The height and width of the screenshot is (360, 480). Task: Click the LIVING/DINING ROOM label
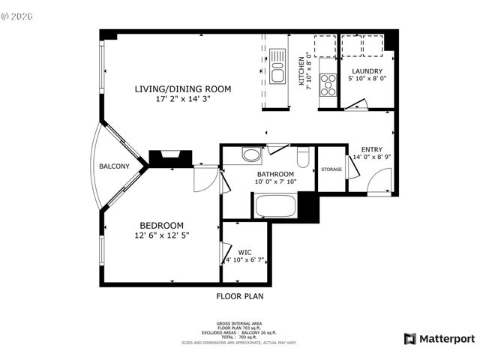coord(183,89)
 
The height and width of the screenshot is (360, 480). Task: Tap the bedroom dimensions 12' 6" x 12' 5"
coord(161,235)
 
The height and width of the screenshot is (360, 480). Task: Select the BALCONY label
coord(114,166)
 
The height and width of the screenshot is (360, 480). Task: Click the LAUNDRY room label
coord(367,72)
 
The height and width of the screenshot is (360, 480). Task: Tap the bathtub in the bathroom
coord(275,206)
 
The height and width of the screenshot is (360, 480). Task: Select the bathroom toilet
coord(303,157)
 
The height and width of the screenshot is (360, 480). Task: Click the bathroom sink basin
coord(251,156)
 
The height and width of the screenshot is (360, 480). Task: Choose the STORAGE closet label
coord(331,169)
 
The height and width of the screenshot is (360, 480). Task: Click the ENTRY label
coord(372,148)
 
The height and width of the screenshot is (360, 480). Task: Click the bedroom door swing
coord(204,178)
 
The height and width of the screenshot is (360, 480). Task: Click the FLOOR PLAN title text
coord(240,296)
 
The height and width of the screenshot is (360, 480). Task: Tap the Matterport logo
coord(439,338)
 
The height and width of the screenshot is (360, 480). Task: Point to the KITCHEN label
coord(302,71)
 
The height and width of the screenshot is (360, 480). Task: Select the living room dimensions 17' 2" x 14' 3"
coord(183,99)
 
